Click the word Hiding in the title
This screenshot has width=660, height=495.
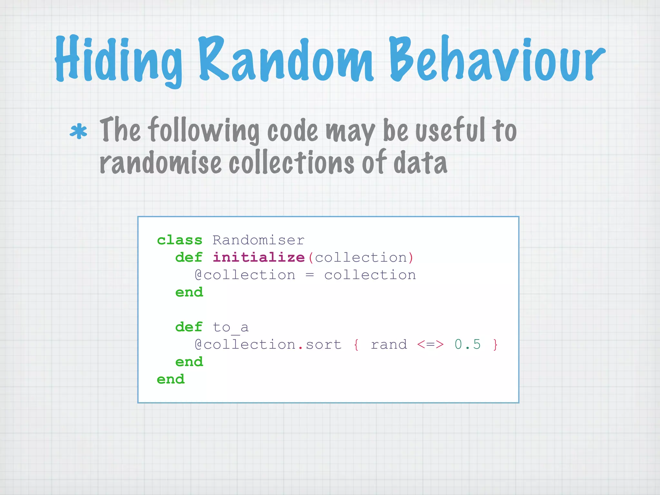click(118, 60)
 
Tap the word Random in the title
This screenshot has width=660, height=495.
click(285, 60)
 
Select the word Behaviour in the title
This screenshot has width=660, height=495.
click(496, 60)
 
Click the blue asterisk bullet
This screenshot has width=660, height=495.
click(78, 132)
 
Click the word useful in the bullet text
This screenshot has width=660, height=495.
click(450, 130)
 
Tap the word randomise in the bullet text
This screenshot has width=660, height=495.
click(160, 163)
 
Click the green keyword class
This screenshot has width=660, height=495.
click(180, 240)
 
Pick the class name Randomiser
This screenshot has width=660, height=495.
click(258, 240)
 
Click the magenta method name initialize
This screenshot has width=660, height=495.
click(258, 258)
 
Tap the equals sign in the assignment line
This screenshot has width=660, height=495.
click(310, 275)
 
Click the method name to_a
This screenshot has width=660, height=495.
click(230, 327)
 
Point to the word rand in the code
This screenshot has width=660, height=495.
click(389, 345)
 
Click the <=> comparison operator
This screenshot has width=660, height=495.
click(430, 345)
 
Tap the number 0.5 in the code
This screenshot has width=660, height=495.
click(468, 345)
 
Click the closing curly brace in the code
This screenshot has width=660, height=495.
click(495, 345)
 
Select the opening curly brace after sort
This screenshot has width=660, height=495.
click(356, 345)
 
